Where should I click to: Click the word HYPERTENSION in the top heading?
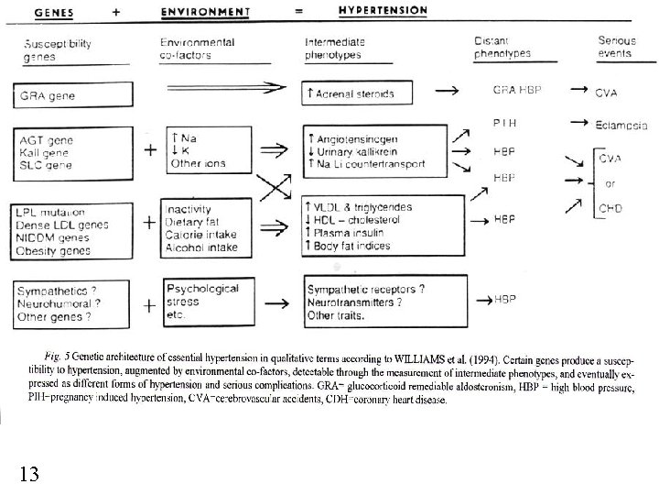pos(383,11)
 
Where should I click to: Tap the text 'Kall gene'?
pos(46,152)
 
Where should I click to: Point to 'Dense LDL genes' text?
pos(63,225)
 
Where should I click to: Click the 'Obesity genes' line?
pos(54,250)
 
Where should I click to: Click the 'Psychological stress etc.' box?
pos(206,300)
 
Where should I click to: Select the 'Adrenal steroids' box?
pos(357,94)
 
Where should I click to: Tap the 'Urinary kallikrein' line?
pos(358,150)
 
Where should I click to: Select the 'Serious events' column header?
pos(617,48)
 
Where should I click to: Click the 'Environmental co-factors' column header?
pos(197,49)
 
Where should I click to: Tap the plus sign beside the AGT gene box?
pos(148,148)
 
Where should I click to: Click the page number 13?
pos(27,473)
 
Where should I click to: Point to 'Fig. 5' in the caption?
pos(57,355)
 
